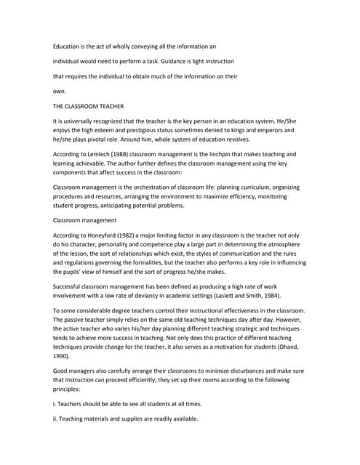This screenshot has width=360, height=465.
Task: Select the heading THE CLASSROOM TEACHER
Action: click(89, 106)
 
